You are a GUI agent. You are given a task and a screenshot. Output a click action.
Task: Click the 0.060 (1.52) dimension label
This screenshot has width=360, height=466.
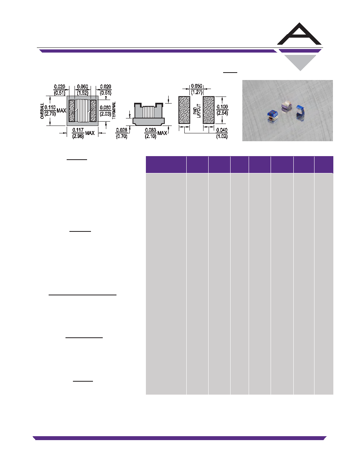tap(82, 89)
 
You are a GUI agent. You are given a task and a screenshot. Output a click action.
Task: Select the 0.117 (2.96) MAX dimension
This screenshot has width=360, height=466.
tap(83, 133)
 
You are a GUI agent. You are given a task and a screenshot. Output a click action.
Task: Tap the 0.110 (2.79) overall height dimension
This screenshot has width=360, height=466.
tap(55, 110)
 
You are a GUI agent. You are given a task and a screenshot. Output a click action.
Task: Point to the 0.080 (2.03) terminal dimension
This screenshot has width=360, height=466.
tap(105, 111)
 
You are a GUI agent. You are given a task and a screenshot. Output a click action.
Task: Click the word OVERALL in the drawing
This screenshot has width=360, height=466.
tap(42, 111)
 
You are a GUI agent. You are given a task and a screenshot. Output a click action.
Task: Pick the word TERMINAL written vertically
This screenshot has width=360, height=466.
tap(114, 111)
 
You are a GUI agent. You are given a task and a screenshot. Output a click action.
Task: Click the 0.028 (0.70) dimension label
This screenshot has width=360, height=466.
tap(122, 133)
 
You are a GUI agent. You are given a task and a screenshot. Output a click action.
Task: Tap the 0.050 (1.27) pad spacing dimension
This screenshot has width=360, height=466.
tap(196, 89)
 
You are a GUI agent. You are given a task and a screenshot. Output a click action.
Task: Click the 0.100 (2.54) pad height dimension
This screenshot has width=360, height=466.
tap(222, 110)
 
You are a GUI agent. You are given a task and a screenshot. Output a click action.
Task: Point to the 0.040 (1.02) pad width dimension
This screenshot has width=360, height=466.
tap(222, 133)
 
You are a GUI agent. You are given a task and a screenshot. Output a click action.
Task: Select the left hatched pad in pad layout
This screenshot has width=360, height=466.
tap(184, 110)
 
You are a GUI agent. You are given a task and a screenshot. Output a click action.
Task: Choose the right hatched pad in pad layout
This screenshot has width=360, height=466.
tap(209, 110)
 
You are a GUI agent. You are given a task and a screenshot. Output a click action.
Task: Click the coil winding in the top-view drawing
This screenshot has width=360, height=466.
tap(82, 111)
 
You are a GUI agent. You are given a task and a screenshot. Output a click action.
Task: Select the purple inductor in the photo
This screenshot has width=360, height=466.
tap(287, 106)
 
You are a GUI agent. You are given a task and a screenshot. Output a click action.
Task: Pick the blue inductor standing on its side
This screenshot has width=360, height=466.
tap(300, 112)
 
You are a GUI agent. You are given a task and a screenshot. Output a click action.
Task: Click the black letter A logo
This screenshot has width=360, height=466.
tap(299, 34)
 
